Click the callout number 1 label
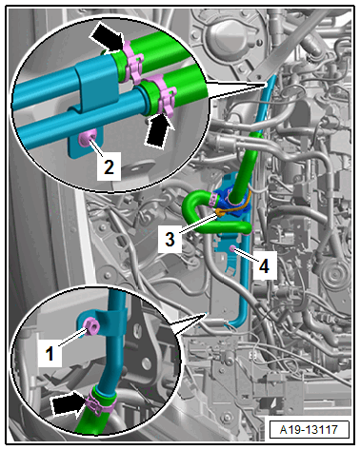point(50,354)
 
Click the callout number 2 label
point(109,166)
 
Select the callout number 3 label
point(170,239)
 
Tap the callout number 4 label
point(264,265)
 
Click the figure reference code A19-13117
point(309,429)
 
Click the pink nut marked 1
point(91,325)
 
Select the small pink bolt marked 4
point(232,248)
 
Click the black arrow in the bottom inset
point(70,403)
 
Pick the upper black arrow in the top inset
point(107,36)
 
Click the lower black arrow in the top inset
point(159,129)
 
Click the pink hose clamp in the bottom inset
point(100,401)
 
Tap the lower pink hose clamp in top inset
point(163,93)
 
